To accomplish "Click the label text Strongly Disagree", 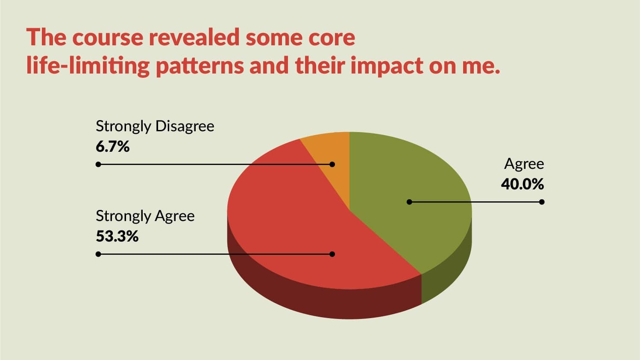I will [155, 127].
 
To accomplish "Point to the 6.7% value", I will [112, 147].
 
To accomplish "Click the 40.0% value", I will [522, 184].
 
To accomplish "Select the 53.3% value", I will [117, 236].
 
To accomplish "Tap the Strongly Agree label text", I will [145, 216].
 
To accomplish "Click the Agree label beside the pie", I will [524, 164].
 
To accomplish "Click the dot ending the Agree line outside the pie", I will [542, 202].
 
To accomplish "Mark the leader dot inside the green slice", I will [409, 202].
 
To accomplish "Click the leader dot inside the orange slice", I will [332, 164].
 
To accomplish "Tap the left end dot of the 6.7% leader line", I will [98, 164].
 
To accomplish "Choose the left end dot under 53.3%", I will [98, 254].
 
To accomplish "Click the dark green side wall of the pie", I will [446, 274].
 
